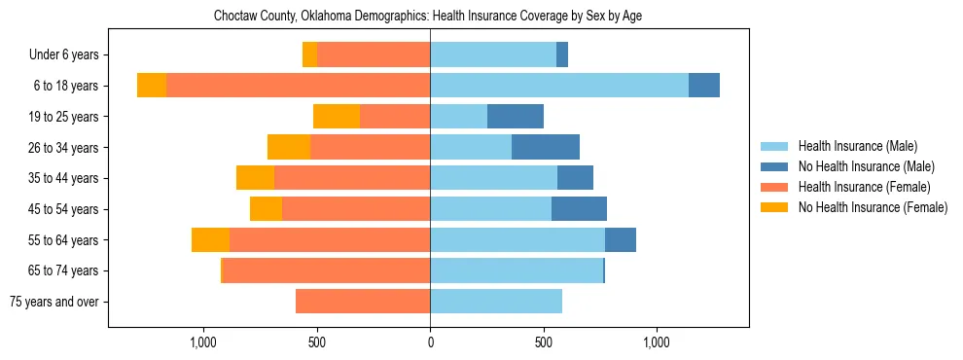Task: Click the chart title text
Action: [x=427, y=17]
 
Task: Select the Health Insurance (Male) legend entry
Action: [x=857, y=146]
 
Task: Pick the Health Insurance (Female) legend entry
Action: [x=864, y=187]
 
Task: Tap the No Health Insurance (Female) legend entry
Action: [x=873, y=207]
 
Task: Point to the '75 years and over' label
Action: [x=53, y=302]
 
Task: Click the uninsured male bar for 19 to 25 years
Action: [x=516, y=117]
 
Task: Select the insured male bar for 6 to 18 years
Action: [x=559, y=86]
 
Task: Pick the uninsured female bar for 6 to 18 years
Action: [x=152, y=86]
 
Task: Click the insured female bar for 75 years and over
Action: [x=363, y=302]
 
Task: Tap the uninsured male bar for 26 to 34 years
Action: [x=546, y=147]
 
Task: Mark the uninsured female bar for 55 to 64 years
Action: [x=210, y=239]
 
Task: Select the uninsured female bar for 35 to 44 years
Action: [x=255, y=178]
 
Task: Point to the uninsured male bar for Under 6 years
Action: [x=562, y=55]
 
